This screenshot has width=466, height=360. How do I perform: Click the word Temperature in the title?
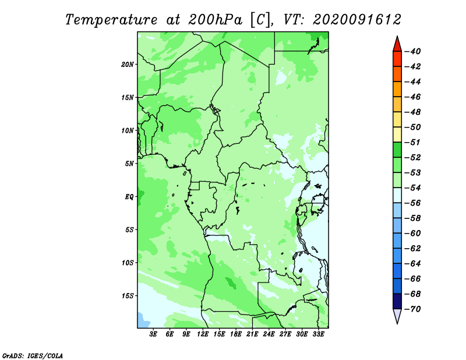coord(111,20)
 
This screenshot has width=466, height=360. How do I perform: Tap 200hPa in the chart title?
coord(216,20)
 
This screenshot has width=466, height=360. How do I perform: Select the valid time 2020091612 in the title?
coord(357,20)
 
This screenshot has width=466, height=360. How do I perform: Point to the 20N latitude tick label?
coord(127,65)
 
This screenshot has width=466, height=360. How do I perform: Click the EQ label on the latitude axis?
coord(129,197)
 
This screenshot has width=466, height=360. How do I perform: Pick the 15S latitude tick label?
coord(127,296)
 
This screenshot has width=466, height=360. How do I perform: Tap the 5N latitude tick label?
coord(129,164)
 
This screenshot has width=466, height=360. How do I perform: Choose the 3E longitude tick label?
coord(153,334)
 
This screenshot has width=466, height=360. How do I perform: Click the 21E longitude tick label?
coord(252,334)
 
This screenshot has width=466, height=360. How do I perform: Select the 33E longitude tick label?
coord(318,334)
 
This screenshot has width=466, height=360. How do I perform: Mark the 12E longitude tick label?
coord(203,334)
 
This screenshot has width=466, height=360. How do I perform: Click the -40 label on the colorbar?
coord(413,51)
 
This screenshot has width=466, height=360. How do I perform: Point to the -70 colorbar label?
coord(413,309)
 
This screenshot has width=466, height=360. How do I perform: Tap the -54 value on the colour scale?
coord(413,188)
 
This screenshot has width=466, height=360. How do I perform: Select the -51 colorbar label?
coord(413,142)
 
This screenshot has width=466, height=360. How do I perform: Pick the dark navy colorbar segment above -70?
coord(397,301)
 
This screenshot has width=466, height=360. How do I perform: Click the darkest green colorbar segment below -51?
coord(397,150)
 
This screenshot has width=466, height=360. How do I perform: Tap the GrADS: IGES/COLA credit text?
coord(33,356)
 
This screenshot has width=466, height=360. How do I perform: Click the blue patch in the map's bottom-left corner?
coord(143,321)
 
